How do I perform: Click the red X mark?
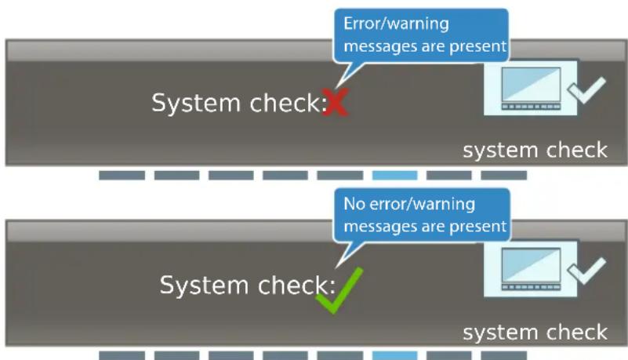click(x=336, y=102)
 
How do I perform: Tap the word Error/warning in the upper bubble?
click(x=396, y=24)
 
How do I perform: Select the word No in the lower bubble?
click(x=354, y=204)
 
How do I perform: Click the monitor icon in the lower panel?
click(x=531, y=269)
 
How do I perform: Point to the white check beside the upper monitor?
click(x=587, y=90)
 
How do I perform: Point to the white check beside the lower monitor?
click(x=587, y=271)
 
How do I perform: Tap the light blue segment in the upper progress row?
click(x=394, y=176)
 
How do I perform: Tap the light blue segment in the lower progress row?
click(x=394, y=355)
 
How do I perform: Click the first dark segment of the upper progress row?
click(x=122, y=176)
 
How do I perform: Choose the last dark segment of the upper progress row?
click(x=504, y=176)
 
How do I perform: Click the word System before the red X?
click(x=196, y=104)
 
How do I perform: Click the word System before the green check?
click(x=205, y=285)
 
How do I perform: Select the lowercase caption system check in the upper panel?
click(x=535, y=151)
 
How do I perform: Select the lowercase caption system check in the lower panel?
click(x=535, y=333)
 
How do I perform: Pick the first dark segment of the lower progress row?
click(x=122, y=355)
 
